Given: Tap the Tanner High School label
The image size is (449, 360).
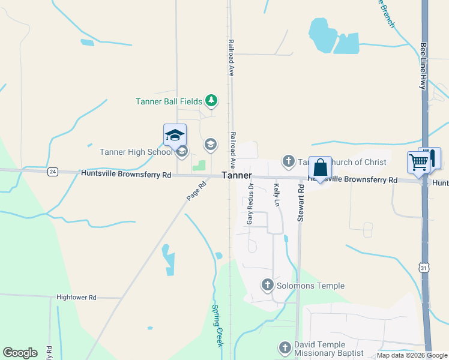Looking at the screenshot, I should coord(136,152).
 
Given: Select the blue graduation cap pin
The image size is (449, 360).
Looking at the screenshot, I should coord(175,135).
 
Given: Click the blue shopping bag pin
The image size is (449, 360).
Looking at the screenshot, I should coord(320,167).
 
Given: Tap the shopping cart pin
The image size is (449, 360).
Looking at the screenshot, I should coord(419,161).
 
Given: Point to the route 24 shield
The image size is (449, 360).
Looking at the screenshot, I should coord(53,172).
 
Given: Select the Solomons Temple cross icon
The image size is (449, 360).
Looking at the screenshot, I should coord(268,286).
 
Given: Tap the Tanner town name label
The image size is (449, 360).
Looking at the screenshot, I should coord(237,175).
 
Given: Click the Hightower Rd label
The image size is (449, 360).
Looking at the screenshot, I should coord(76,297).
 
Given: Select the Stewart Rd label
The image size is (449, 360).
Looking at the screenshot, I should coord(301,204).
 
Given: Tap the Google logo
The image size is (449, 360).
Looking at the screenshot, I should coord(20,353).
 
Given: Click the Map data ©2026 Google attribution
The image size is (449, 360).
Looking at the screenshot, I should coord(412,356).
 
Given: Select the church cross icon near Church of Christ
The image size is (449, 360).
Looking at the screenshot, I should coord(289,161).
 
